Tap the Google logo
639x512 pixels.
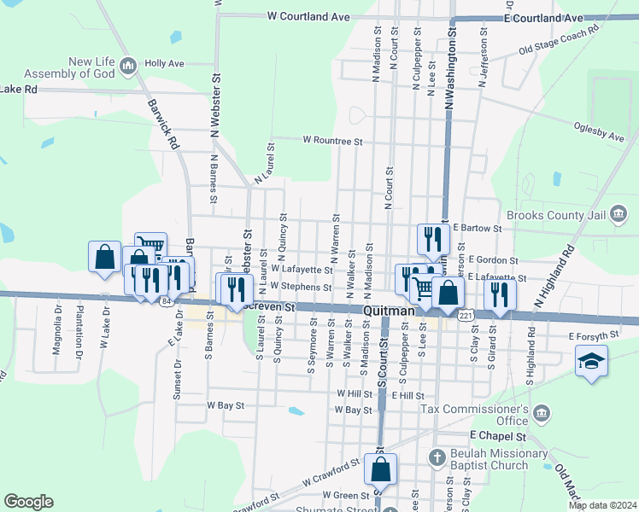pyautogui.click(x=28, y=502)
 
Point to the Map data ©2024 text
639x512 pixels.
pyautogui.click(x=603, y=505)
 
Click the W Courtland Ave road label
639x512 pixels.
pyautogui.click(x=308, y=16)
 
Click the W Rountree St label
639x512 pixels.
pyautogui.click(x=333, y=140)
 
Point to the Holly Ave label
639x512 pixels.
pyautogui.click(x=164, y=63)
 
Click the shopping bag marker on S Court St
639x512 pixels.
pyautogui.click(x=380, y=468)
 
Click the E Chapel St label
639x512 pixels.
pyautogui.click(x=495, y=435)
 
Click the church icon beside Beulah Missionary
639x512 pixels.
pyautogui.click(x=437, y=455)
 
